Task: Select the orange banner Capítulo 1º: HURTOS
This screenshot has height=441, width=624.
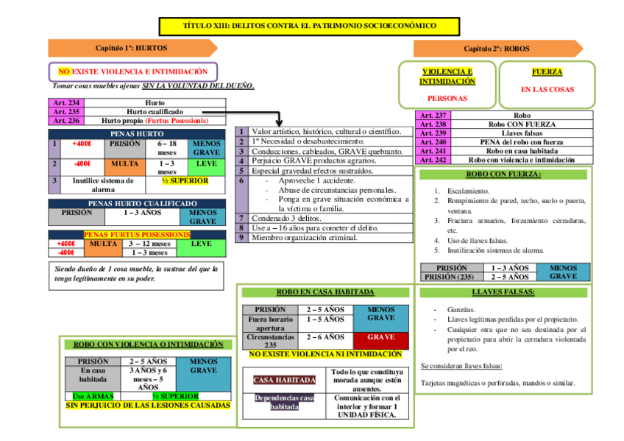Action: click(x=132, y=48)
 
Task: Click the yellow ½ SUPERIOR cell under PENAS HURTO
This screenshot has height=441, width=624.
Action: click(x=185, y=181)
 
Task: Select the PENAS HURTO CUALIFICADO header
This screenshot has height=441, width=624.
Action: click(x=142, y=203)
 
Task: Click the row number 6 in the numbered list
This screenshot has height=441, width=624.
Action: click(x=241, y=180)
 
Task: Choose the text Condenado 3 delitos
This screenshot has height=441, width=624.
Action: click(x=287, y=219)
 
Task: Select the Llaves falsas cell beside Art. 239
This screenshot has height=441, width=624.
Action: click(x=522, y=133)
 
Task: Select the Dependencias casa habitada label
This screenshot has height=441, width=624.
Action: click(x=284, y=403)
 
